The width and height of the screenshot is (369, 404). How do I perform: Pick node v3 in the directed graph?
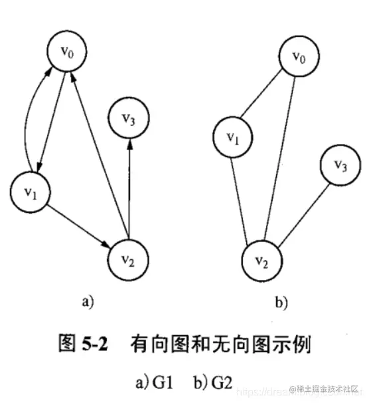(129, 119)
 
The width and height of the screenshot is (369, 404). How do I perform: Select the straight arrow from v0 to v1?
(53, 119)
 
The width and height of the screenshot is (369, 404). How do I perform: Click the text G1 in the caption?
(160, 382)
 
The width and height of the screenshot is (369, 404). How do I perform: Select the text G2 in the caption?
(221, 382)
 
